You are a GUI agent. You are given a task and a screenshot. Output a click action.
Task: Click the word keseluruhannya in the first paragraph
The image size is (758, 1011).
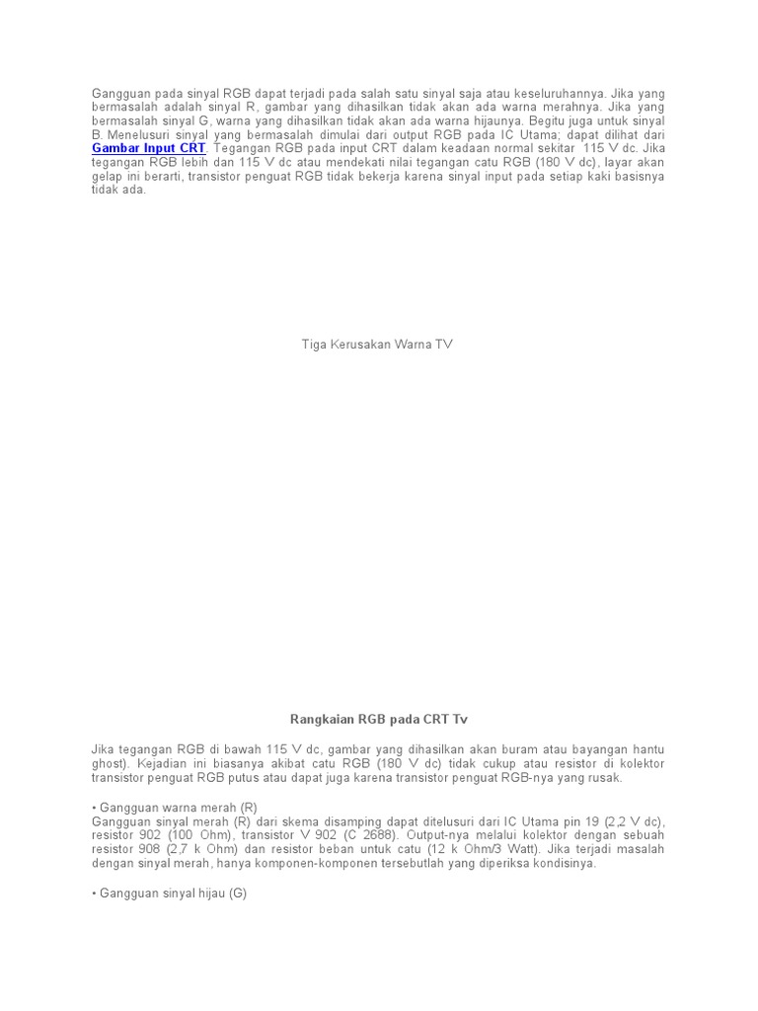pos(613,93)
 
